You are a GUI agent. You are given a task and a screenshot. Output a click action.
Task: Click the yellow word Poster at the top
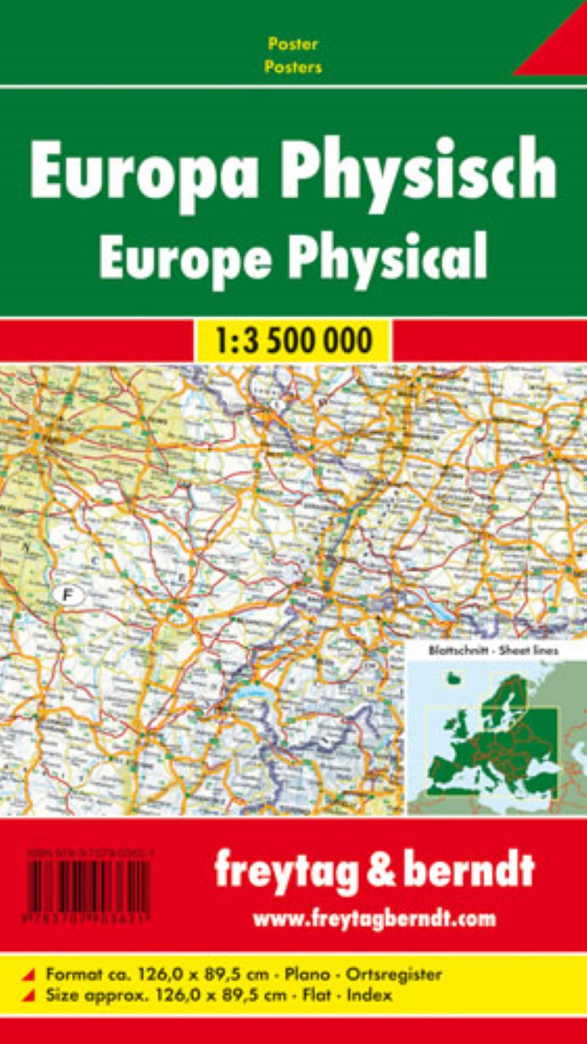pos(293,44)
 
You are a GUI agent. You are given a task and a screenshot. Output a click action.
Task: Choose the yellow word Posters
pos(293,67)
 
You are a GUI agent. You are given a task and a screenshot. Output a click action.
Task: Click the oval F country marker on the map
pos(68,595)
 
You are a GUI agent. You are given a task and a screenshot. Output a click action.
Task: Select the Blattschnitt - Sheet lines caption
pos(481,650)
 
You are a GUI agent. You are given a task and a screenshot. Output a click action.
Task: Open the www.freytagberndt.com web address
pos(374,918)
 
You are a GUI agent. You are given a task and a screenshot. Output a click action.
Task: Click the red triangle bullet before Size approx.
pos(29,996)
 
